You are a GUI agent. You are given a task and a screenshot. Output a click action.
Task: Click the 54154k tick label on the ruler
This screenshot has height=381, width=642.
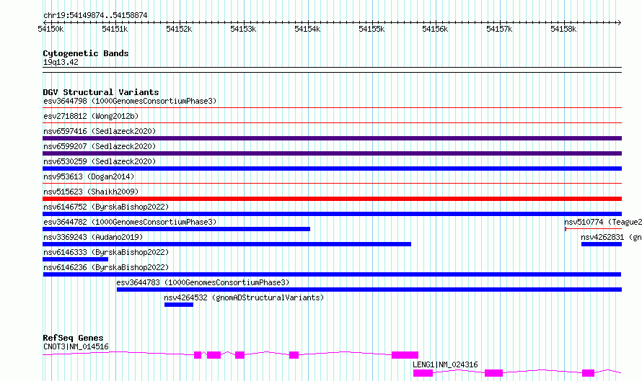tap(307, 29)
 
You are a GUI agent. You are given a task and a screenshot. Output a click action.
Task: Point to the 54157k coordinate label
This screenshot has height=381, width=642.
tap(499, 29)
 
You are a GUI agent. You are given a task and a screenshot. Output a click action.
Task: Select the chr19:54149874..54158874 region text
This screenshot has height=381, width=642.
tap(95, 16)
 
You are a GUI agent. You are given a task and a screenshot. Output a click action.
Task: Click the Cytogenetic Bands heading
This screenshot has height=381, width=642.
tap(86, 53)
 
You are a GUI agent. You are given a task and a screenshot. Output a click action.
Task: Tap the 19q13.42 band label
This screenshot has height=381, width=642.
tap(61, 62)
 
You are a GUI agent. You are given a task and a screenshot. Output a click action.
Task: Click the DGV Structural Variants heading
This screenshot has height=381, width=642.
tap(101, 92)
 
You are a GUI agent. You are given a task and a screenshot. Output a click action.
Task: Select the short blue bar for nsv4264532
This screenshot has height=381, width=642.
tap(178, 305)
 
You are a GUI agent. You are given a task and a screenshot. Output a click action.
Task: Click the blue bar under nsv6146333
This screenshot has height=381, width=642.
tap(75, 259)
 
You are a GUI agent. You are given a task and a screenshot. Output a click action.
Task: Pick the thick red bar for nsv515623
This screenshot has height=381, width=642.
tap(332, 199)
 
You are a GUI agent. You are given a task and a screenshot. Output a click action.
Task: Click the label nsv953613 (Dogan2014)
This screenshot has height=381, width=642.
tap(89, 176)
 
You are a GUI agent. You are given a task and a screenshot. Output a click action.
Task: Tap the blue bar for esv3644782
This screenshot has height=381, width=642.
tap(176, 229)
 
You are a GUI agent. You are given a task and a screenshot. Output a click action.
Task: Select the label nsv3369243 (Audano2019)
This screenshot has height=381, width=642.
tap(93, 237)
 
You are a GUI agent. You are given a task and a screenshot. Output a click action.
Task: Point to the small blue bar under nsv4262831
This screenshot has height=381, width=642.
tap(602, 244)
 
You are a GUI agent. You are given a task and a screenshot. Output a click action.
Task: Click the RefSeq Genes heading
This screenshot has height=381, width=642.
tap(73, 338)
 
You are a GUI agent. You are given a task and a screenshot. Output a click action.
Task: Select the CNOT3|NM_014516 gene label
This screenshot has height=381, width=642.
tap(76, 346)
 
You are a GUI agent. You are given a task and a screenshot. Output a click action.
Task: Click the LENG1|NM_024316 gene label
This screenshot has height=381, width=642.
tap(445, 364)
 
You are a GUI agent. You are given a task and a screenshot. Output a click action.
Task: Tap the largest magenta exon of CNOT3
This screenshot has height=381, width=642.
tap(405, 355)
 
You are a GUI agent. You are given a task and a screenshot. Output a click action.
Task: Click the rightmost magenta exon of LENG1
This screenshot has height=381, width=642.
tap(588, 373)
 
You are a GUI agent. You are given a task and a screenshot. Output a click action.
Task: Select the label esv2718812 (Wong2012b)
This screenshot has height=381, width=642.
tap(91, 116)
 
